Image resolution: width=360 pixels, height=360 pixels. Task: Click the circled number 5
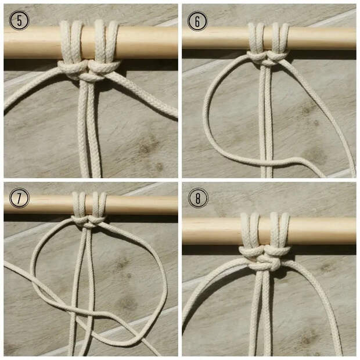point(19,20)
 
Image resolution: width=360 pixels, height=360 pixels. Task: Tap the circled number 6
point(197,21)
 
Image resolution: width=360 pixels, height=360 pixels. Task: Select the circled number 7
point(19,198)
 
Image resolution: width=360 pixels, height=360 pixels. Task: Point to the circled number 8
point(198,198)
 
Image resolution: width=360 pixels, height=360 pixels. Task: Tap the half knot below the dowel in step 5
point(89,71)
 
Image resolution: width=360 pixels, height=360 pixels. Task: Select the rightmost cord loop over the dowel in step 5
point(113,41)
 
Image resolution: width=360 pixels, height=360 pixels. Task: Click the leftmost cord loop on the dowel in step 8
point(245,232)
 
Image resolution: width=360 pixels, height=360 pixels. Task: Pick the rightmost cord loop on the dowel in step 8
point(285,232)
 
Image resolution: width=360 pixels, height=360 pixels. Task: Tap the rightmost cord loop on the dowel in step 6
point(285,38)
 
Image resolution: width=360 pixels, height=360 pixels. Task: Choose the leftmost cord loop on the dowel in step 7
point(75,204)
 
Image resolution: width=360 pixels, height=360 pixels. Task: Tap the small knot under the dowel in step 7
point(89,222)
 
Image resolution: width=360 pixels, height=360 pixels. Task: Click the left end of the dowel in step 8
point(183,231)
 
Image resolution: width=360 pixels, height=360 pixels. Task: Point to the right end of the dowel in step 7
point(177,204)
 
